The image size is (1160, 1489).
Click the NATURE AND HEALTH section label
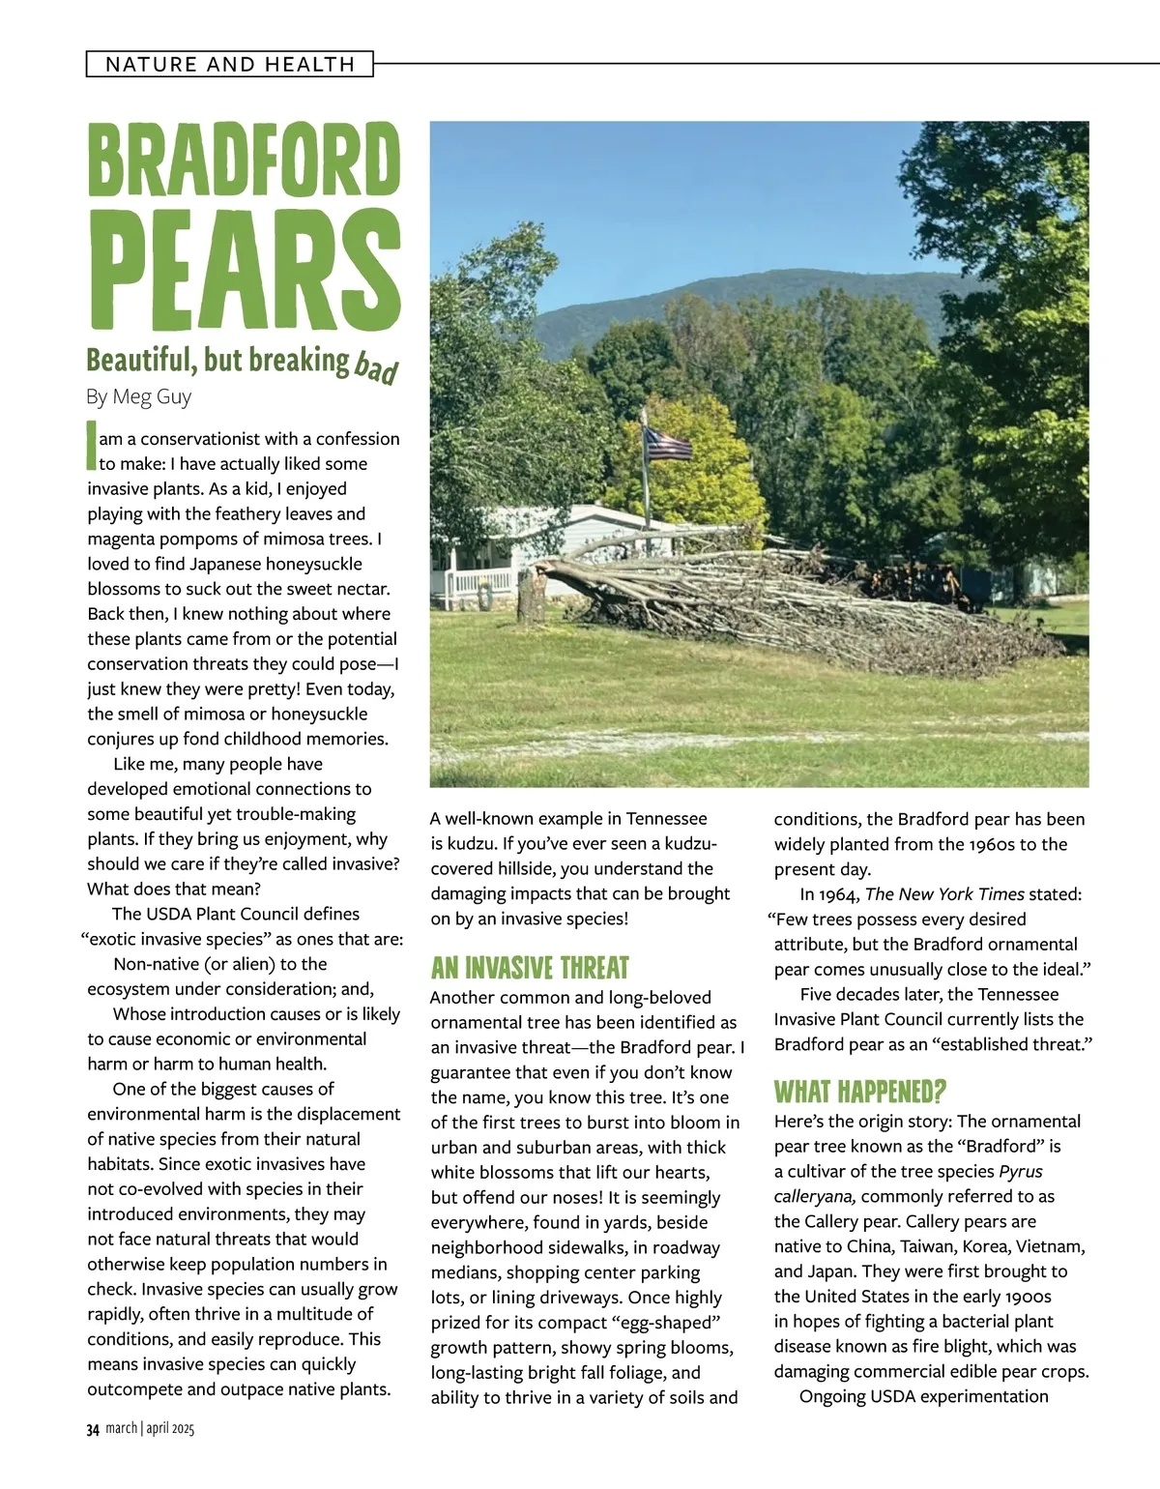230,65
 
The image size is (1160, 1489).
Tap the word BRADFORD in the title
244,161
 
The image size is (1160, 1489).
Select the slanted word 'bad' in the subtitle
376,367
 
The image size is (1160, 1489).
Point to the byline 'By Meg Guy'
139,396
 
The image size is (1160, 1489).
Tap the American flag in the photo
668,444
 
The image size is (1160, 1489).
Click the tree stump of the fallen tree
531,597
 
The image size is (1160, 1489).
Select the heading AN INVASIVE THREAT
530,968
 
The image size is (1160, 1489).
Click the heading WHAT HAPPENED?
859,1093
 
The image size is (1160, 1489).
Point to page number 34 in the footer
93,1429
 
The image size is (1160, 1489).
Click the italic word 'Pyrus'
1021,1172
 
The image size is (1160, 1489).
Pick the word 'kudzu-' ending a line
685,844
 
